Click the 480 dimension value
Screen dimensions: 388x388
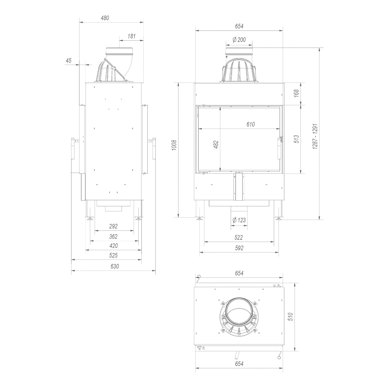pyautogui.click(x=105, y=18)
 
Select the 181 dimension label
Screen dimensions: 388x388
pyautogui.click(x=131, y=36)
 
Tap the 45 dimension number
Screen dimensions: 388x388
pyautogui.click(x=68, y=61)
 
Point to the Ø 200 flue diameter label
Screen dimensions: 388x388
pyautogui.click(x=239, y=40)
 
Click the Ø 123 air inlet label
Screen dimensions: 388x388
pyautogui.click(x=239, y=220)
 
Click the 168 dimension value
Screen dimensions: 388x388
pyautogui.click(x=296, y=93)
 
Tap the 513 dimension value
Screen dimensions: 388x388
pyautogui.click(x=296, y=139)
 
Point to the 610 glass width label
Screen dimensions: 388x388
pyautogui.click(x=250, y=124)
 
